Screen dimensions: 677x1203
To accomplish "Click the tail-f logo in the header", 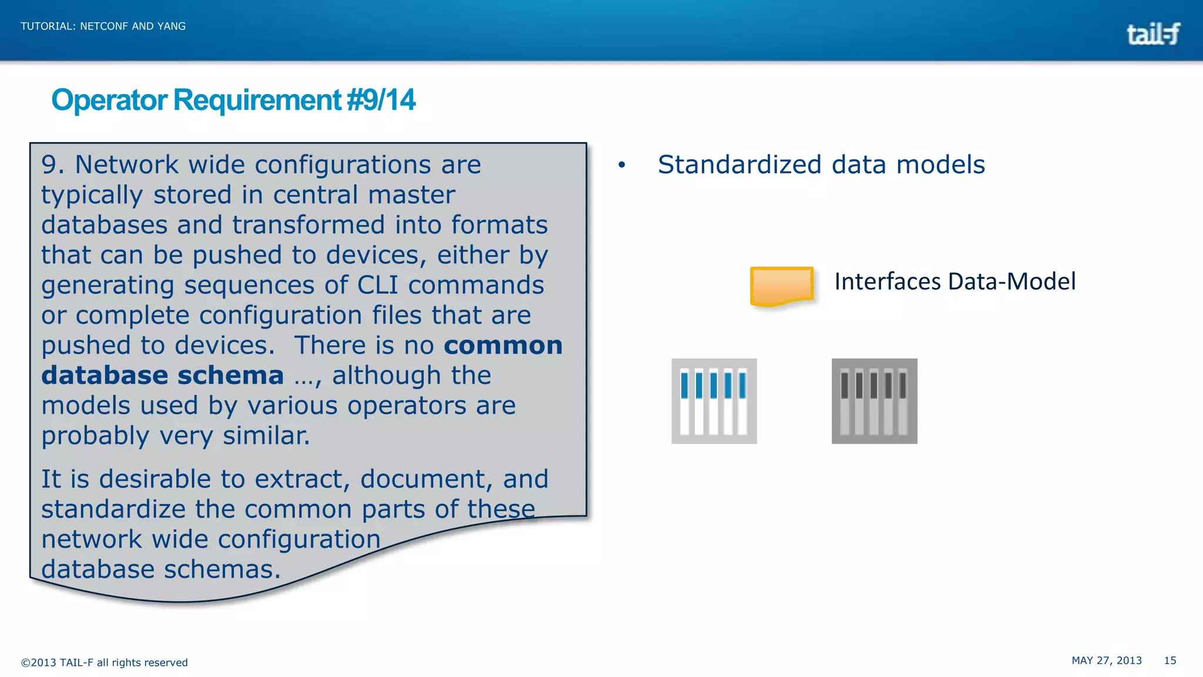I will pos(1153,34).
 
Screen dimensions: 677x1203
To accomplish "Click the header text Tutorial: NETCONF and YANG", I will pos(103,26).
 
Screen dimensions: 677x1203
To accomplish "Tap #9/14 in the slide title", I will pos(381,100).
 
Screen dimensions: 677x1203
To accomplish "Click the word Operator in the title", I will pos(109,100).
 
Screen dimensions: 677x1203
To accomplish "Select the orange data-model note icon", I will pos(782,286).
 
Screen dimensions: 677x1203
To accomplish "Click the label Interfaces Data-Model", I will pos(955,281).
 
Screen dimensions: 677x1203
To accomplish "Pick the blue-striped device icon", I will pos(714,401).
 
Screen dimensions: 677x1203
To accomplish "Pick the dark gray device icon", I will pos(874,401).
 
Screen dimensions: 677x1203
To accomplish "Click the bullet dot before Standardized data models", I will pos(621,166).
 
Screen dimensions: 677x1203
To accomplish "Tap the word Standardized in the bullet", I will pos(739,165).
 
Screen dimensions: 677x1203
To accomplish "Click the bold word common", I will pos(503,346).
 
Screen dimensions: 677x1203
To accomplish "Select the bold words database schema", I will pos(162,376).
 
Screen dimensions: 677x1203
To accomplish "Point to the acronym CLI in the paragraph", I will pos(378,285).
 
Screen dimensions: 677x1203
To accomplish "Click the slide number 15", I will pos(1170,661).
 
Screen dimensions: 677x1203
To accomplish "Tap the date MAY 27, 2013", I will pos(1106,661).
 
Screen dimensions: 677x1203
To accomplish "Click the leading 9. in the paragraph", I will pos(52,165).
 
